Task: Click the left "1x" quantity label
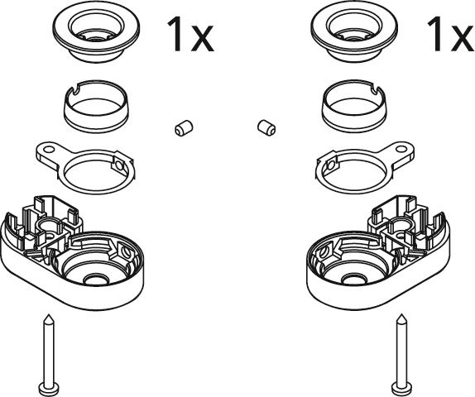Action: [x=190, y=34]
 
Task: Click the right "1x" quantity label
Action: [x=451, y=34]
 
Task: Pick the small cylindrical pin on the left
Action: [x=184, y=128]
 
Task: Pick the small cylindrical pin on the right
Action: [x=266, y=128]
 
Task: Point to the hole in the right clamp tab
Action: [x=401, y=150]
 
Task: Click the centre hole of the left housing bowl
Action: [x=95, y=280]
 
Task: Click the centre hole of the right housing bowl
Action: [x=354, y=280]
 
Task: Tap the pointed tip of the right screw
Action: [x=402, y=315]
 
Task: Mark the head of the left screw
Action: [x=49, y=387]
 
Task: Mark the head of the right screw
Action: [x=401, y=387]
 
